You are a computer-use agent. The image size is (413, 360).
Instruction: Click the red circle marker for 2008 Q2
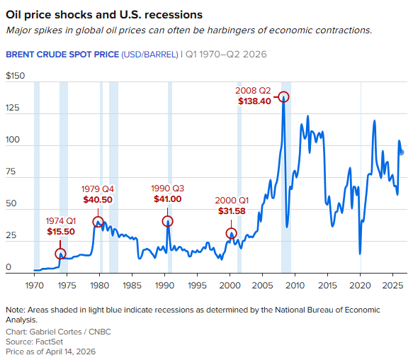pyautogui.click(x=284, y=97)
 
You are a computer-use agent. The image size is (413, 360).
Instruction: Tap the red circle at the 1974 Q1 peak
pyautogui.click(x=61, y=254)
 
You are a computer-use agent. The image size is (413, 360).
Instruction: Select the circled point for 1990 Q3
pyautogui.click(x=168, y=221)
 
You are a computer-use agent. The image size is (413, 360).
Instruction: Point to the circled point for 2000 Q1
pyautogui.click(x=231, y=233)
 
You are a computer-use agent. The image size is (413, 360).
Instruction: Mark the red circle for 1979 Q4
pyautogui.click(x=98, y=222)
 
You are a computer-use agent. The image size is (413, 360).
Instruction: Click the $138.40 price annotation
pyautogui.click(x=255, y=101)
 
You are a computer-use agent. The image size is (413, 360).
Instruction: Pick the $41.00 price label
pyautogui.click(x=167, y=199)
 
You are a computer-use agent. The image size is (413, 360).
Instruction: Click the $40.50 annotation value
pyautogui.click(x=98, y=199)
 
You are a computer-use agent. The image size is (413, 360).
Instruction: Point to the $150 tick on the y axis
pyautogui.click(x=15, y=75)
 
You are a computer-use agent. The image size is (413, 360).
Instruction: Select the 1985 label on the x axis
pyautogui.click(x=131, y=285)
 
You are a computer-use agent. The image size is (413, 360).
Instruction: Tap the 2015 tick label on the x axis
pyautogui.click(x=327, y=285)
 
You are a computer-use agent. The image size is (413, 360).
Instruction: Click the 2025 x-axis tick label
pyautogui.click(x=392, y=285)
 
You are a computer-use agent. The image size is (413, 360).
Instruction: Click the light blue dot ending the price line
pyautogui.click(x=402, y=152)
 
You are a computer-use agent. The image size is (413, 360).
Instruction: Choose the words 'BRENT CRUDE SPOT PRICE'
pyautogui.click(x=62, y=53)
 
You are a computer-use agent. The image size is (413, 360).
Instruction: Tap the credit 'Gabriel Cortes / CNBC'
pyautogui.click(x=62, y=332)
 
